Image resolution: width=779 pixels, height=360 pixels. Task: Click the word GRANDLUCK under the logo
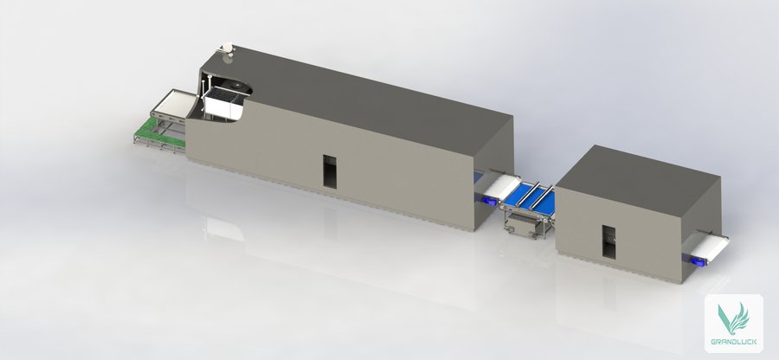[x=734, y=342]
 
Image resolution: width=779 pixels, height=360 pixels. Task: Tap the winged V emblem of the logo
[x=733, y=318]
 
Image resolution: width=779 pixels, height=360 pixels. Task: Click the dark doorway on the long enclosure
[x=330, y=172]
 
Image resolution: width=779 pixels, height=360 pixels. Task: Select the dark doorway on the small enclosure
[x=608, y=242]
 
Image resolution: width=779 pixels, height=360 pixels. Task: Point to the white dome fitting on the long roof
[x=227, y=48]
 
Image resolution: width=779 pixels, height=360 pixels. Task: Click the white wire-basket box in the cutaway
[x=224, y=105]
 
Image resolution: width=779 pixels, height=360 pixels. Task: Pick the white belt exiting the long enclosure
[x=501, y=187]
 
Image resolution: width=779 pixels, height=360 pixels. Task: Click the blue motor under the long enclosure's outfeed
[x=486, y=200]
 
